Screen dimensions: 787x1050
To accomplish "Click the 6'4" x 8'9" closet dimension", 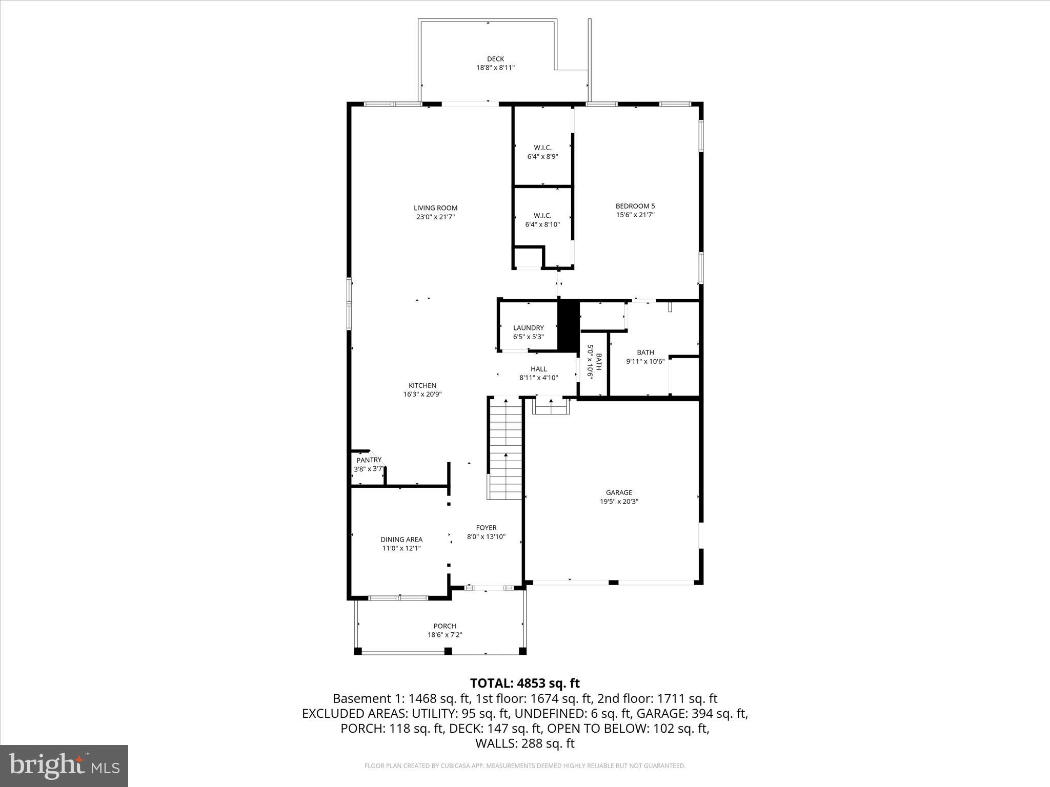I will pyautogui.click(x=542, y=157).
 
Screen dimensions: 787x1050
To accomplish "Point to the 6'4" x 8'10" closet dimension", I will pyautogui.click(x=542, y=224).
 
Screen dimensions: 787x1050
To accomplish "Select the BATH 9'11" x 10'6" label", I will pyautogui.click(x=645, y=357).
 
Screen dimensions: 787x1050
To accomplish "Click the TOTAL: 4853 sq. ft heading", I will pyautogui.click(x=524, y=683).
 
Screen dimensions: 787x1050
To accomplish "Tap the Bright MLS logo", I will pyautogui.click(x=64, y=765).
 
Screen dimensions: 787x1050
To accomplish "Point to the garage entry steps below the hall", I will pyautogui.click(x=551, y=407).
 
